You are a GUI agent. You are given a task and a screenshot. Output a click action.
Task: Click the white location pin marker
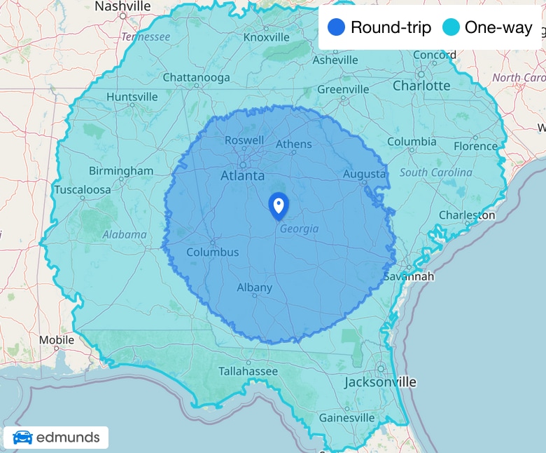279,205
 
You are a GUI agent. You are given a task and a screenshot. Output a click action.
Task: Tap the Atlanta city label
242,175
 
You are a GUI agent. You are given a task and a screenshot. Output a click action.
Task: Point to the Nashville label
122,6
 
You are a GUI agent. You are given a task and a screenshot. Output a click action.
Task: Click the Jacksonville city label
380,382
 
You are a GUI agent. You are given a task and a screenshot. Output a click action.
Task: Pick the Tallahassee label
248,371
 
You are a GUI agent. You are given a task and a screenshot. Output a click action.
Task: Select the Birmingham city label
121,170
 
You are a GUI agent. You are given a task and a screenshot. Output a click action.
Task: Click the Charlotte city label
421,86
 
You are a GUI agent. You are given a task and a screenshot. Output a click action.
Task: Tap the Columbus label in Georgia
212,252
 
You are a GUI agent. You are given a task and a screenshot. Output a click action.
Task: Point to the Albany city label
254,288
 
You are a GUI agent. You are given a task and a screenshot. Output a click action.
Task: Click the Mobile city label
57,340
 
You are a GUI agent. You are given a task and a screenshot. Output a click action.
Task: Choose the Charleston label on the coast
467,215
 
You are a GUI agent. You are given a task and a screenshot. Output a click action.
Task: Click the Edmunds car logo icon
22,438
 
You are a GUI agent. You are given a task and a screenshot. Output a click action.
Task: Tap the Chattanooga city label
196,78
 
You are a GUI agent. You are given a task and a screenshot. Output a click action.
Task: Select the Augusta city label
364,174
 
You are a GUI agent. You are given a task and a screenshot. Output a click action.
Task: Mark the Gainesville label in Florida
346,418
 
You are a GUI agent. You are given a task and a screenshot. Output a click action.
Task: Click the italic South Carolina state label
435,173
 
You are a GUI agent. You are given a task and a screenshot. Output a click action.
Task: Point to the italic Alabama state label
125,235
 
